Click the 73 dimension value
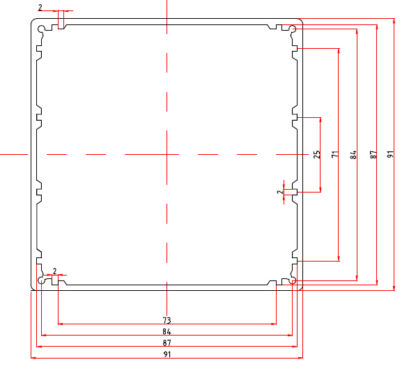pyautogui.click(x=167, y=320)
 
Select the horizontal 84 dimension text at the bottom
pyautogui.click(x=167, y=331)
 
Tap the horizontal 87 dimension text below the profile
pyautogui.click(x=167, y=343)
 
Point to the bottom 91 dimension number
pyautogui.click(x=167, y=354)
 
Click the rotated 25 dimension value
pyautogui.click(x=316, y=154)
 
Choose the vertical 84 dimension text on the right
pyautogui.click(x=353, y=154)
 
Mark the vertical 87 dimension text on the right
pyautogui.click(x=373, y=154)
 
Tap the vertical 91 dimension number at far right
pyautogui.click(x=390, y=154)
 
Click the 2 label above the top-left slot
pyautogui.click(x=40, y=8)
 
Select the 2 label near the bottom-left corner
pyautogui.click(x=54, y=271)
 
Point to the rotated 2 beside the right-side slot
pyautogui.click(x=280, y=192)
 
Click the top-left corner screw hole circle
pyautogui.click(x=41, y=29)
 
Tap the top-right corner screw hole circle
pyautogui.click(x=293, y=29)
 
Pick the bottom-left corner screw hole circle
pyautogui.click(x=41, y=280)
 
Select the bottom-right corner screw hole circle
pyautogui.click(x=293, y=280)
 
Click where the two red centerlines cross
pyautogui.click(x=167, y=154)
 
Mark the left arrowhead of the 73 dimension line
pyautogui.click(x=60, y=324)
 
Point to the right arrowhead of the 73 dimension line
pyautogui.click(x=274, y=324)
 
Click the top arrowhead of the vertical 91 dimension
pyautogui.click(x=394, y=21)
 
